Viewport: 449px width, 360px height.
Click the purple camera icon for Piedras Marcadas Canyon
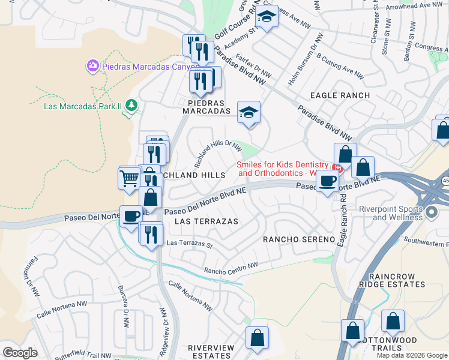tap(92, 65)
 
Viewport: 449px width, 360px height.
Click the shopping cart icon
tap(130, 179)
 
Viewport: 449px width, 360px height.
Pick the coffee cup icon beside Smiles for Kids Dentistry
tap(327, 181)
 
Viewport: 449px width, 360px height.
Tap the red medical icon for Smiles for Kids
tap(337, 168)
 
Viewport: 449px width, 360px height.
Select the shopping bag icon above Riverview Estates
tap(258, 337)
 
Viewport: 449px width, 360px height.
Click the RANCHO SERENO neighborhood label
tap(299, 239)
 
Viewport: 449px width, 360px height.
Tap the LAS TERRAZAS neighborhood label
tap(206, 221)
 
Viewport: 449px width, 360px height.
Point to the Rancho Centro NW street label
tap(231, 268)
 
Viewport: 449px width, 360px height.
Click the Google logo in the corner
tap(20, 352)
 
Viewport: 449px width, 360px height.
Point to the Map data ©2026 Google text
tap(412, 355)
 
